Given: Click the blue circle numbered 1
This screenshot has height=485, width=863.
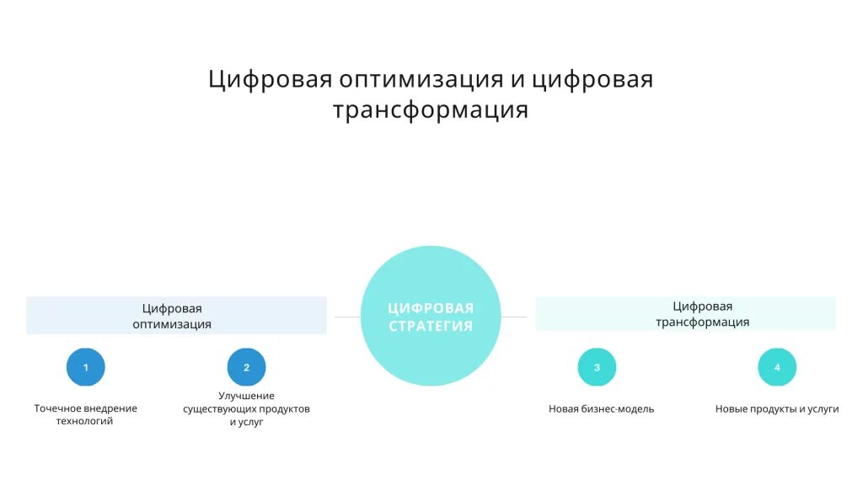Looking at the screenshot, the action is click(x=85, y=367).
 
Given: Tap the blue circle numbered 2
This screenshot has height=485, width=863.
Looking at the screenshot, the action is click(x=246, y=367).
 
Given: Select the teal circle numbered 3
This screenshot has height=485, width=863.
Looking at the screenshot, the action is click(x=597, y=367).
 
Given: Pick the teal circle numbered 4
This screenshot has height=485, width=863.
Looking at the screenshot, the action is click(x=777, y=367).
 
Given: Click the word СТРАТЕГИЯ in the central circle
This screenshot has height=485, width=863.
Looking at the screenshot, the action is click(x=431, y=326).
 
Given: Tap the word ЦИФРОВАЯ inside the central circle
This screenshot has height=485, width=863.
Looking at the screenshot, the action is click(x=431, y=308).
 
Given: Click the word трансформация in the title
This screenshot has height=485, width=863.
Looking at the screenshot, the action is click(x=431, y=110).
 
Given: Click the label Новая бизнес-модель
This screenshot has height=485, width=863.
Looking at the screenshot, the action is click(x=601, y=409).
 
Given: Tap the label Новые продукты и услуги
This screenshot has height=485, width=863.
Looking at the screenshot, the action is click(x=777, y=409).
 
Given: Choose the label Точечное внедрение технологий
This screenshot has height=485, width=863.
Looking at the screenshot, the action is click(x=85, y=414).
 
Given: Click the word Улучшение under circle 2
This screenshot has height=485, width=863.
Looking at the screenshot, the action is click(x=246, y=396).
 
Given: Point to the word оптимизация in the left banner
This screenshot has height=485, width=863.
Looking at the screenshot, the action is click(x=172, y=324).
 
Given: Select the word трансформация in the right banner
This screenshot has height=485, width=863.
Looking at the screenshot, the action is click(x=702, y=322).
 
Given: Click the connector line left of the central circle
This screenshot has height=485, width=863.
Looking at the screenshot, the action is click(x=347, y=317).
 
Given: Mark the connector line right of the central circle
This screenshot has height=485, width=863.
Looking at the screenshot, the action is click(x=514, y=317).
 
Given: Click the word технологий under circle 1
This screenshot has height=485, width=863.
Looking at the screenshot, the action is click(x=85, y=421).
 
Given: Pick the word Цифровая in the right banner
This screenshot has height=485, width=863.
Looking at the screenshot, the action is click(x=702, y=306).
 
